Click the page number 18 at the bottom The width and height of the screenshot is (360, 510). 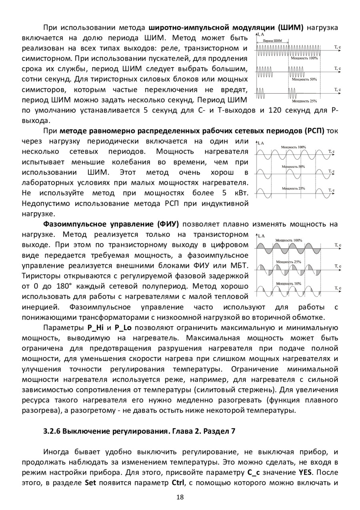(x=180, y=497)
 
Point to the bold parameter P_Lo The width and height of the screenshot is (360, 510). (x=122, y=328)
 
